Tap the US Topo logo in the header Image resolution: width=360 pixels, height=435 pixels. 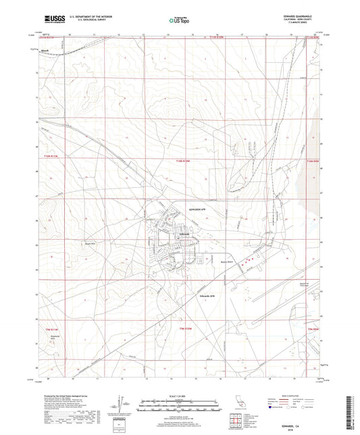[x=179, y=22]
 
